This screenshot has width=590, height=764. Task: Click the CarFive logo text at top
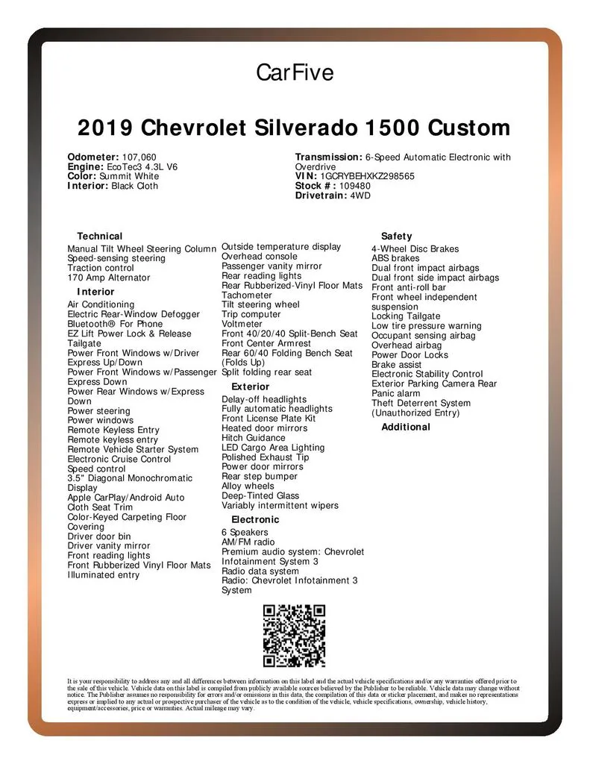pos(295,73)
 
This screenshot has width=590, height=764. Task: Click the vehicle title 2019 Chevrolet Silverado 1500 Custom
pos(295,128)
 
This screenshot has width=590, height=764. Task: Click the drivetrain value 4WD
pos(360,195)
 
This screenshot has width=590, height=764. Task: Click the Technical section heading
pos(99,236)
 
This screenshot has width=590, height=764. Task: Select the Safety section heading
pos(396,236)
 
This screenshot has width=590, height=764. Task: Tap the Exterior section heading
pos(251,386)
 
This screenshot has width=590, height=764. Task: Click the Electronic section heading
pos(255,519)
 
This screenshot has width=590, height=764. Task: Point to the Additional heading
pos(406,427)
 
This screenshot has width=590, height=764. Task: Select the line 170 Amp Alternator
pos(108,278)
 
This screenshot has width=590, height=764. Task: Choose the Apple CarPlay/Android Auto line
pos(126,498)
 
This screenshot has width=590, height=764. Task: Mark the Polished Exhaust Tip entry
pos(265,457)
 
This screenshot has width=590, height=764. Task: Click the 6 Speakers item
pos(245,533)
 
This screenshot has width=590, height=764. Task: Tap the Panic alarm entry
pos(396,393)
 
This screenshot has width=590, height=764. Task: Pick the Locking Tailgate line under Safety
pos(406,316)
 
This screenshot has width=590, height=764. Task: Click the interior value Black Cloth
pos(134,186)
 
